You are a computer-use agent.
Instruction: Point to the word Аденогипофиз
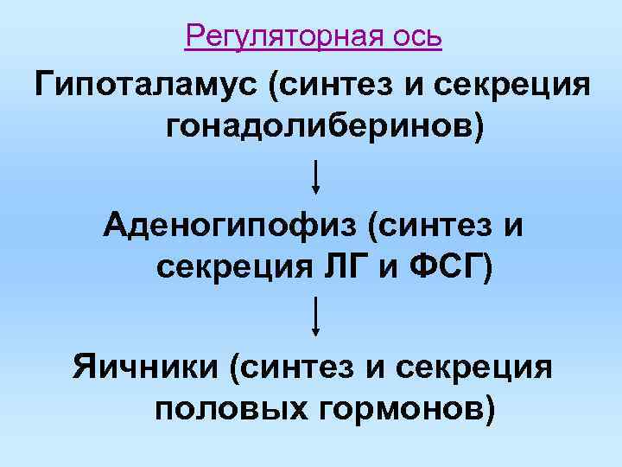point(228,227)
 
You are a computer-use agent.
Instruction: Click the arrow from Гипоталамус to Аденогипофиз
point(317,176)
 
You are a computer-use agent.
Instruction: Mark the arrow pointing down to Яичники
point(317,316)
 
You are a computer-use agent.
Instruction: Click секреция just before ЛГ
point(229,266)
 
